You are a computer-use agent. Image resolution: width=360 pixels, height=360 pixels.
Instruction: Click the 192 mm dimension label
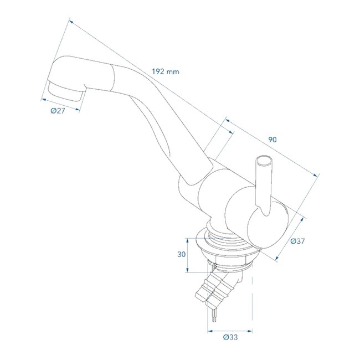pyautogui.click(x=164, y=71)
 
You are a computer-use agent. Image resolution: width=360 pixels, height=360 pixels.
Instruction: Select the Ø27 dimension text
pyautogui.click(x=58, y=111)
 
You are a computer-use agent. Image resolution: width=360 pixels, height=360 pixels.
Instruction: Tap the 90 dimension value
pyautogui.click(x=272, y=140)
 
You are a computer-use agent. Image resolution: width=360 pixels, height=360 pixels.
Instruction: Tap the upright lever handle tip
pyautogui.click(x=263, y=161)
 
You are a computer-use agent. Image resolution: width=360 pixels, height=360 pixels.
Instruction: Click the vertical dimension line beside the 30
pyautogui.click(x=189, y=255)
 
